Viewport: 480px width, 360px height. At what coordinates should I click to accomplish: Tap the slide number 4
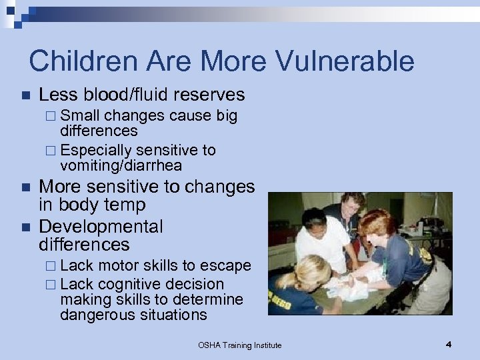tap(449, 344)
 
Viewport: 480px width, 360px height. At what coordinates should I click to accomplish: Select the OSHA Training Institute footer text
tap(240, 345)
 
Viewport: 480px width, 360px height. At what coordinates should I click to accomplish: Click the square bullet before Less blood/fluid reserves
tap(25, 96)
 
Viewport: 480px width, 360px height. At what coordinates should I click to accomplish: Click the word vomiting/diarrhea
tap(121, 165)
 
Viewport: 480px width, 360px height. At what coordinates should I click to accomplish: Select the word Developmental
tap(101, 227)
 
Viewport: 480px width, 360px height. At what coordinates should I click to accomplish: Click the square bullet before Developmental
tap(25, 227)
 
